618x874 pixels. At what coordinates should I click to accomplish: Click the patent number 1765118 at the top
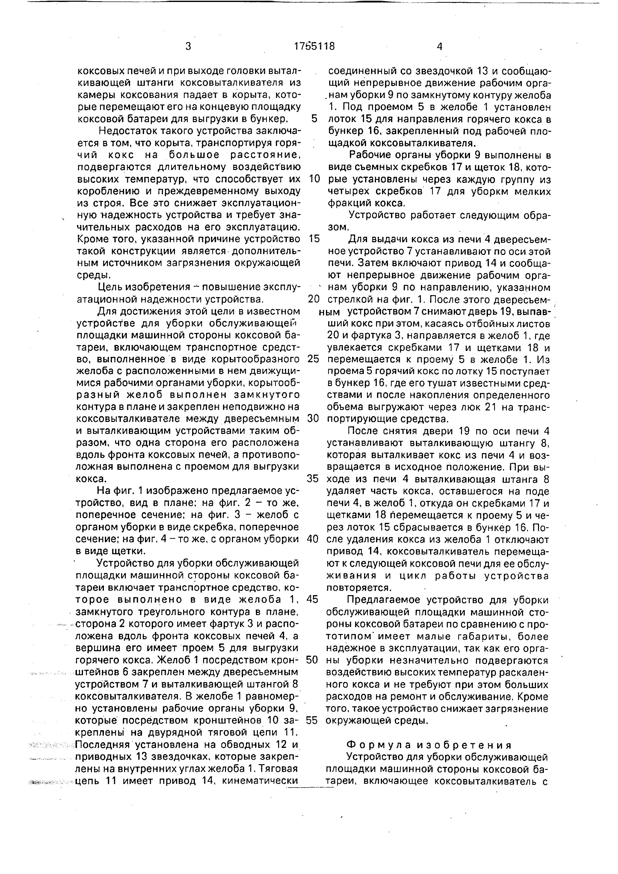[314, 46]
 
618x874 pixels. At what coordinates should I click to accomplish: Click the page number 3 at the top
[188, 46]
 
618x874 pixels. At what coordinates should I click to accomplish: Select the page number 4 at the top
[440, 46]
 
